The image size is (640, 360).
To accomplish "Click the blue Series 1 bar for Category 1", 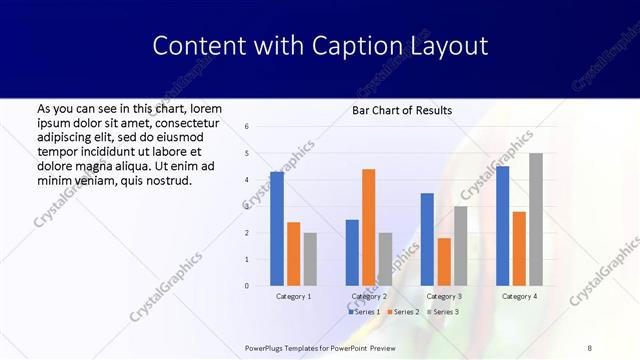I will (x=277, y=229).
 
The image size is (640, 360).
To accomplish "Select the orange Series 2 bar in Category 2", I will (x=369, y=227).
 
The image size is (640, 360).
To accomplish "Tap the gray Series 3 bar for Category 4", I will (x=536, y=219).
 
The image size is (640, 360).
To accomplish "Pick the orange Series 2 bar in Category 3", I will (x=444, y=262).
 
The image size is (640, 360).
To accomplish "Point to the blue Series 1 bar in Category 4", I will (x=502, y=226).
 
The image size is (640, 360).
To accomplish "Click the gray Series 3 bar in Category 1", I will (x=310, y=259).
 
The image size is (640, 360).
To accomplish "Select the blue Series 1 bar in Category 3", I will (x=427, y=239).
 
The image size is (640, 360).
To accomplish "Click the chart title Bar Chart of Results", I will (x=402, y=110).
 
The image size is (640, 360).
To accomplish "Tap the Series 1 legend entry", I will (x=363, y=312).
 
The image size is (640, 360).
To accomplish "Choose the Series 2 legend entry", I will (x=401, y=312).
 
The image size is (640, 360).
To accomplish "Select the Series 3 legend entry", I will (x=441, y=312).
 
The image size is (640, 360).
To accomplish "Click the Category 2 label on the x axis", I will (x=369, y=296).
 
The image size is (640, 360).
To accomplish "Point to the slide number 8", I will (x=589, y=347).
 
